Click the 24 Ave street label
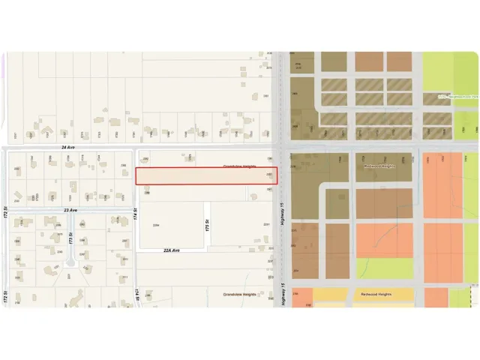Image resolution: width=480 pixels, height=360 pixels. (x=67, y=148)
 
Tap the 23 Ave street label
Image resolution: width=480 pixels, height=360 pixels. (x=71, y=211)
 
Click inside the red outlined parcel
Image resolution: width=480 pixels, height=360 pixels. (x=206, y=176)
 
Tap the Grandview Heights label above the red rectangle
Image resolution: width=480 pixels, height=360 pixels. (x=239, y=166)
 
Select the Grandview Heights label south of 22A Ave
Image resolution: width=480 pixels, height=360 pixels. (x=239, y=295)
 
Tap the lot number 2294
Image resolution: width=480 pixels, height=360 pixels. (x=156, y=225)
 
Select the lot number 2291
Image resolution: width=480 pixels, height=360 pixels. (x=266, y=225)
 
